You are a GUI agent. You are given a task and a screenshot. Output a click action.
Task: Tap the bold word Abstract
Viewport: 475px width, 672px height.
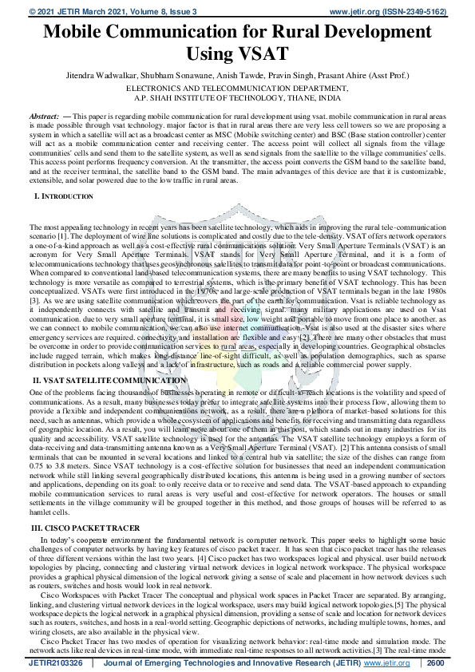pos(43,117)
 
